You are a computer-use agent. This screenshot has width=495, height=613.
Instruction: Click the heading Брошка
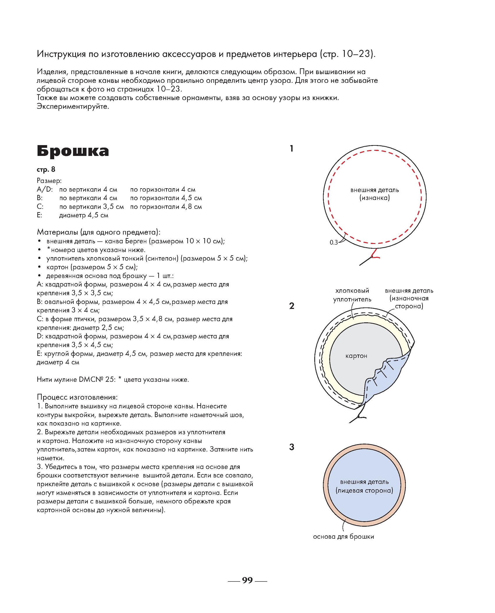pyautogui.click(x=73, y=151)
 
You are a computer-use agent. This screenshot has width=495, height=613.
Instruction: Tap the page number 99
pyautogui.click(x=247, y=580)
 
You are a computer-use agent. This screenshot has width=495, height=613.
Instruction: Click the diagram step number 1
pyautogui.click(x=291, y=149)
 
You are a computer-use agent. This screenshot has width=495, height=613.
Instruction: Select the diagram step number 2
pyautogui.click(x=292, y=306)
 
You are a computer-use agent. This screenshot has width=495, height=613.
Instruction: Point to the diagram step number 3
pyautogui.click(x=292, y=447)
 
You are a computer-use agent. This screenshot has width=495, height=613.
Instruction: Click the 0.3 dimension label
pyautogui.click(x=334, y=242)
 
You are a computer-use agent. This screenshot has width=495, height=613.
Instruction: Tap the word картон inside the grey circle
pyautogui.click(x=356, y=356)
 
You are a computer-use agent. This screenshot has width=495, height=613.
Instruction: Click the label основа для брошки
pyautogui.click(x=343, y=537)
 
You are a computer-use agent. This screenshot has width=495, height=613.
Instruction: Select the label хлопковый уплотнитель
pyautogui.click(x=352, y=295)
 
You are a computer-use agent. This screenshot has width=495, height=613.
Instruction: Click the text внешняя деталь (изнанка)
pyautogui.click(x=374, y=194)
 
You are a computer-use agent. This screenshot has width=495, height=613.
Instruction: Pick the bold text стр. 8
pyautogui.click(x=46, y=170)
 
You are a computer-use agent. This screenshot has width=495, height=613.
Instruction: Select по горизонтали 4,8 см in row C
pyautogui.click(x=166, y=207)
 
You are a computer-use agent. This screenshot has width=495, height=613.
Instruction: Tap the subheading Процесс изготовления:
pyautogui.click(x=77, y=397)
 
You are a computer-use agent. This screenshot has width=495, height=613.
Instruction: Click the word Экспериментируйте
pyautogui.click(x=73, y=106)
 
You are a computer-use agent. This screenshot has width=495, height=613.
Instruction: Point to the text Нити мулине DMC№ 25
pyautogui.click(x=76, y=380)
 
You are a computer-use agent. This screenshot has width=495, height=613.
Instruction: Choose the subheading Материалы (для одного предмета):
pyautogui.click(x=98, y=232)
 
